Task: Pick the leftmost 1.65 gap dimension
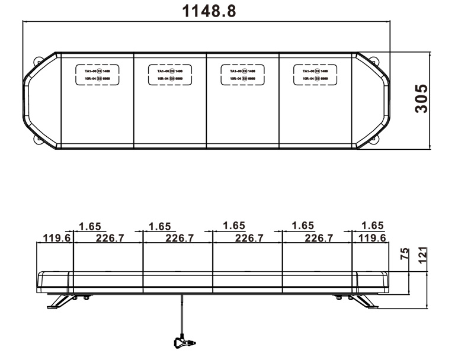coord(90,226)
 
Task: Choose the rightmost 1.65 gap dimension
coord(372,226)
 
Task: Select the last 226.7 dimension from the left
coord(318,238)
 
